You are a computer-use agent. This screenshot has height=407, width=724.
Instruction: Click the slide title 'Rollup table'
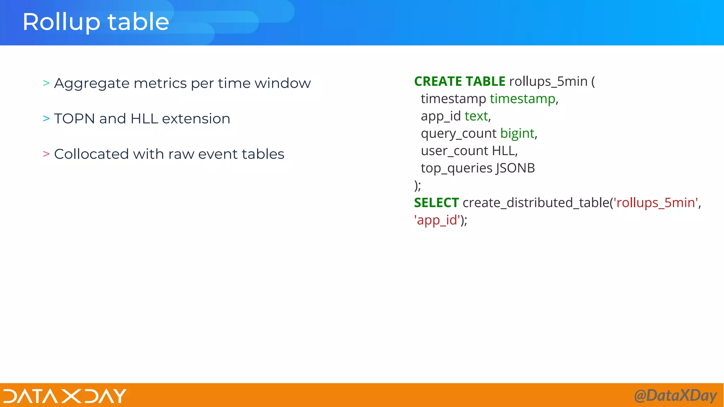point(96,22)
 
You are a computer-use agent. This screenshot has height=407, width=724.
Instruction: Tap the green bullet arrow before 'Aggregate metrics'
point(46,83)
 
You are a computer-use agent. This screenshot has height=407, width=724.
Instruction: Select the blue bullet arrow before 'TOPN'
point(46,118)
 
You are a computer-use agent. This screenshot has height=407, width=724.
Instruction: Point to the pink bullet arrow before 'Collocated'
point(46,154)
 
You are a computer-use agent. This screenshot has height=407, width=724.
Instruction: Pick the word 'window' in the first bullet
point(282,83)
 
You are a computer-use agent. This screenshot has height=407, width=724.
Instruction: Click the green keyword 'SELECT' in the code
point(436,203)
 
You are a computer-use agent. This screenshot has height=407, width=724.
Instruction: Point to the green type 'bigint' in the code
point(517,134)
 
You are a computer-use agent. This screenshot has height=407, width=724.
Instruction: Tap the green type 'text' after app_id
point(476,116)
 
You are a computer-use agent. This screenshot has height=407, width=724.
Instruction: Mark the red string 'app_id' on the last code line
point(437,220)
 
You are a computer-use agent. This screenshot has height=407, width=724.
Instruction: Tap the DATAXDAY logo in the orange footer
point(65,396)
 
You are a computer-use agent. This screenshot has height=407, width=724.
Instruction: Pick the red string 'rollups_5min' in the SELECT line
point(656,203)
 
